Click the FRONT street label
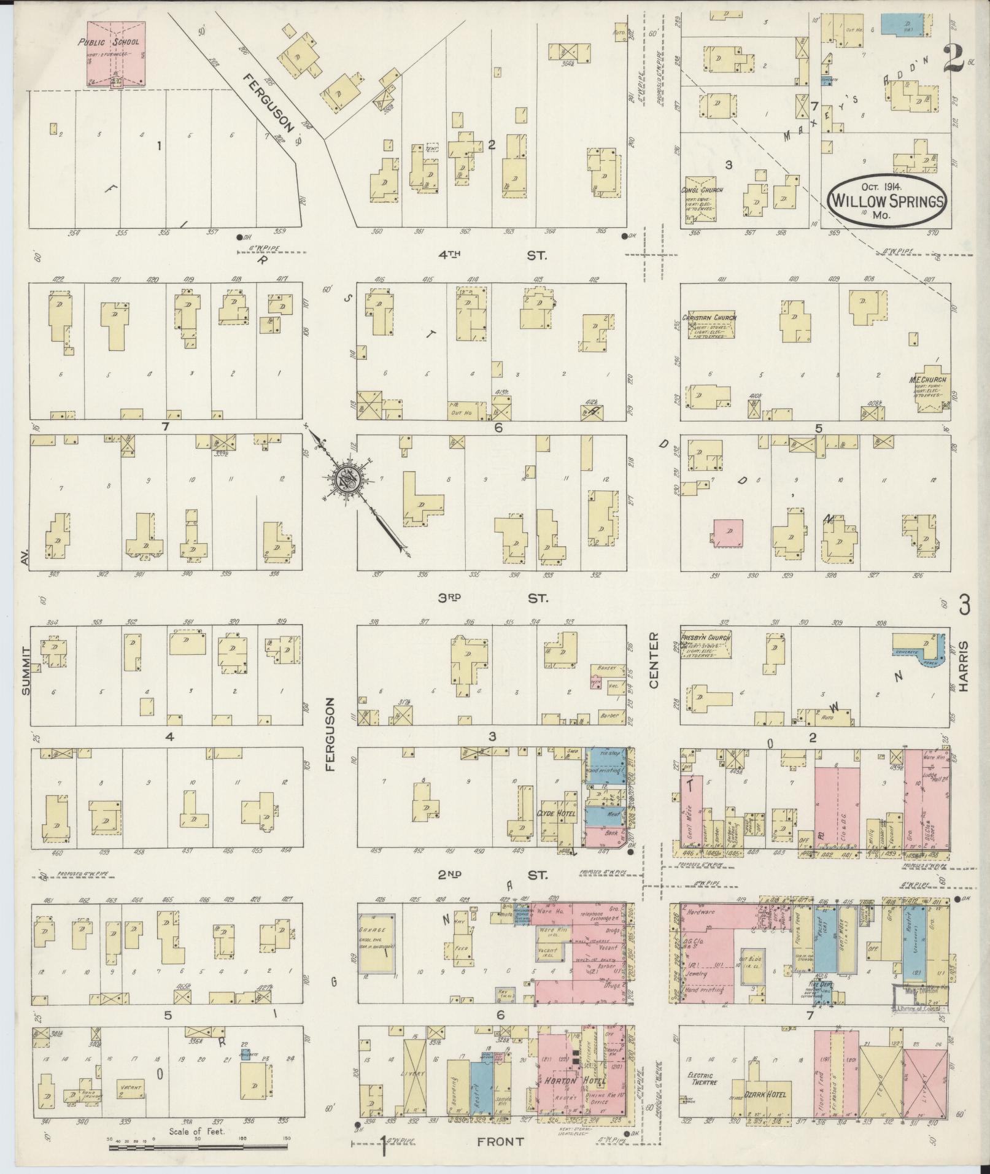(x=501, y=1141)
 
